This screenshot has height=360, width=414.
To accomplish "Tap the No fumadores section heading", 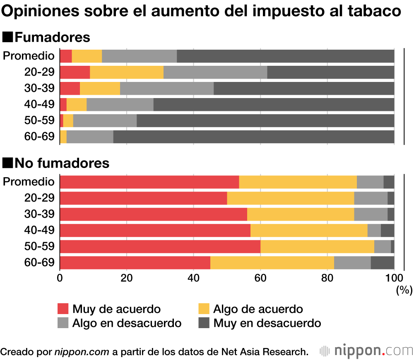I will (x=56, y=163).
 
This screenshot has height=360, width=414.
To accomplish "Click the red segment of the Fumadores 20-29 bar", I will (x=75, y=72).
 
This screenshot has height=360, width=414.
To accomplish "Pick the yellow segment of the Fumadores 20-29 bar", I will (x=127, y=72).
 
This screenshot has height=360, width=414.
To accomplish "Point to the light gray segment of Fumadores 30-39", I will (x=167, y=89).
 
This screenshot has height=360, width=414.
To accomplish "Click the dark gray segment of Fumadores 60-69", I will (x=253, y=137).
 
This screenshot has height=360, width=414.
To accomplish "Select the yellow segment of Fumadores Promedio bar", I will (x=87, y=56).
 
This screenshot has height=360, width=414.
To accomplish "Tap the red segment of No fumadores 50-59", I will (x=160, y=247).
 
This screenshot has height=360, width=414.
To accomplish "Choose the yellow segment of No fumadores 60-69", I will (x=272, y=263).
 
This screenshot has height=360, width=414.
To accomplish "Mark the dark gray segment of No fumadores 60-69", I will (x=383, y=263).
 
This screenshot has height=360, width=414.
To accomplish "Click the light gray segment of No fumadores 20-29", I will (x=371, y=198).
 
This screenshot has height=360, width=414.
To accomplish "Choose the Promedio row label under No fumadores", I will (x=29, y=182).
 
